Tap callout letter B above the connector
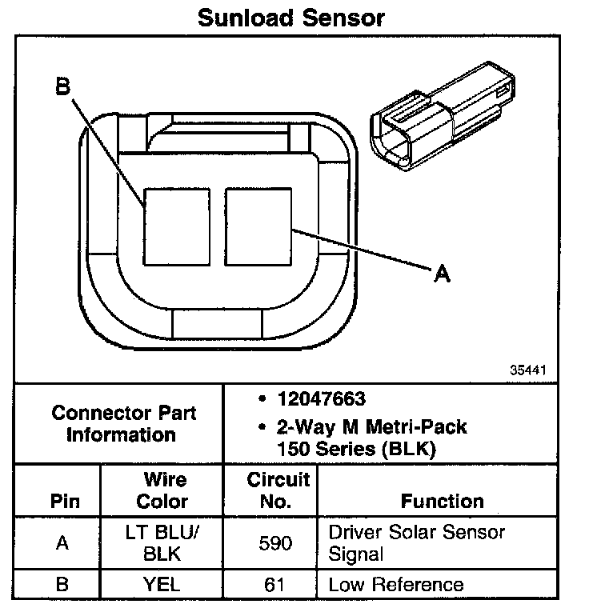pyautogui.click(x=62, y=86)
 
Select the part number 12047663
pyautogui.click(x=324, y=399)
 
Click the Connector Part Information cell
pyautogui.click(x=123, y=424)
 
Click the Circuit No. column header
pyautogui.click(x=278, y=490)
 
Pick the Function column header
pyautogui.click(x=442, y=502)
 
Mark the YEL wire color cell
pyautogui.click(x=162, y=584)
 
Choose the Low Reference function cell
pyautogui.click(x=395, y=584)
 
